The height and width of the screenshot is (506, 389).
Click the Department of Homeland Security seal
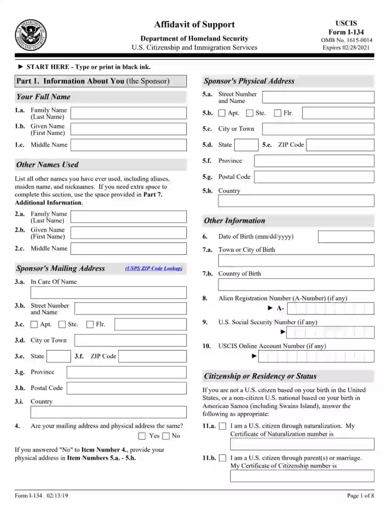[31, 35]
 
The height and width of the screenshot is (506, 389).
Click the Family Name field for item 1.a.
[128, 113]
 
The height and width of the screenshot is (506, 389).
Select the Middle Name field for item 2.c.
[128, 248]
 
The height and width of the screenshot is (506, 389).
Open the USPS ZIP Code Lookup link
[154, 268]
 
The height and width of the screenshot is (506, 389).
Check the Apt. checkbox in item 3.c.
[34, 324]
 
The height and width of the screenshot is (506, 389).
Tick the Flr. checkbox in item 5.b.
[278, 113]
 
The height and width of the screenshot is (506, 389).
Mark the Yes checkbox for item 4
[142, 436]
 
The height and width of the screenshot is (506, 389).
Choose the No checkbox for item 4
[166, 436]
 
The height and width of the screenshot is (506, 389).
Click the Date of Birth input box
[346, 237]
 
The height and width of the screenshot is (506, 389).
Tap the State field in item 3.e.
[58, 356]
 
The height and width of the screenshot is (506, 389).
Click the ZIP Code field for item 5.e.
[340, 145]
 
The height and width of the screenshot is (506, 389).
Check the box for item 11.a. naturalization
[223, 426]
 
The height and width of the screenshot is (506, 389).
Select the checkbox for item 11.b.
[223, 458]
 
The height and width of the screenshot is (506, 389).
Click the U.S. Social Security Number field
[330, 332]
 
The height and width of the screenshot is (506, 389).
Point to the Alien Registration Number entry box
[330, 308]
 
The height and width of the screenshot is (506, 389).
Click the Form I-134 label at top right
[346, 32]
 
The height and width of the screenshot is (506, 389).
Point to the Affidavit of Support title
[194, 24]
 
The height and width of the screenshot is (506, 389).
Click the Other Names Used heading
[48, 165]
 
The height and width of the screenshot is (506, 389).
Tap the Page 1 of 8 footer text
[360, 495]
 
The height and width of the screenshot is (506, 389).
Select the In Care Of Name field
[109, 292]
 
